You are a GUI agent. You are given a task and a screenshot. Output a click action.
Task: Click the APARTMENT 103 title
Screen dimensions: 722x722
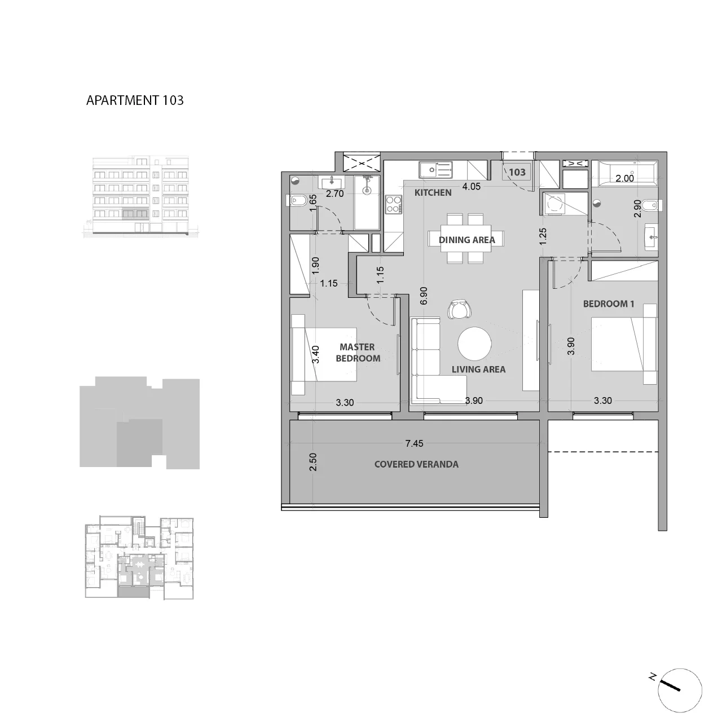pyautogui.click(x=135, y=100)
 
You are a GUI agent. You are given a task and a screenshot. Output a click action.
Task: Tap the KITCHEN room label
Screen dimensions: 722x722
pyautogui.click(x=433, y=192)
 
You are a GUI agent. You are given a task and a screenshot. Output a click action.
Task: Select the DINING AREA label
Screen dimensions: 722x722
pyautogui.click(x=467, y=240)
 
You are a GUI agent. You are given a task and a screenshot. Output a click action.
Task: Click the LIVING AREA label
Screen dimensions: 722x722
pyautogui.click(x=478, y=369)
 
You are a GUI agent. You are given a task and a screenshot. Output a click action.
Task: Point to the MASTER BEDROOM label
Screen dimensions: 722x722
pyautogui.click(x=358, y=353)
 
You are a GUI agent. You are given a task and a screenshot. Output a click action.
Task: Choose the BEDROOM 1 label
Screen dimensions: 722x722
pyautogui.click(x=609, y=304)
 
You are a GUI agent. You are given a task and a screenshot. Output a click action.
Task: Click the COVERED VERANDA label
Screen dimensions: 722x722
pyautogui.click(x=416, y=464)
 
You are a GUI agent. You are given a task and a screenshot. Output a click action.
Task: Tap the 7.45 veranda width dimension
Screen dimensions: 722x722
pyautogui.click(x=414, y=443)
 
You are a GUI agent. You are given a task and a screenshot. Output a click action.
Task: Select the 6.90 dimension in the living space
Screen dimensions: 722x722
pyautogui.click(x=424, y=296)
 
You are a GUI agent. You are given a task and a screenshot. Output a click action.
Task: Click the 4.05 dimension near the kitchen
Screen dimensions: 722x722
pyautogui.click(x=471, y=187)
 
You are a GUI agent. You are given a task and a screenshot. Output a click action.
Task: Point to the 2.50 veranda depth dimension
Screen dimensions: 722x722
pyautogui.click(x=313, y=462)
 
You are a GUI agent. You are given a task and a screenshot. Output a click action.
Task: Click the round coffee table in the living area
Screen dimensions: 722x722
pyautogui.click(x=475, y=344)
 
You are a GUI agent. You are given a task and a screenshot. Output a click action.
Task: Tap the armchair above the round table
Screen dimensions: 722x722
pyautogui.click(x=459, y=310)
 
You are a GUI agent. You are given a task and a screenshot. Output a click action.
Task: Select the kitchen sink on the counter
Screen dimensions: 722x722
pyautogui.click(x=436, y=170)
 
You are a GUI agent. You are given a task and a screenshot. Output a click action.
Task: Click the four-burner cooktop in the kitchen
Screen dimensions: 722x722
pyautogui.click(x=394, y=205)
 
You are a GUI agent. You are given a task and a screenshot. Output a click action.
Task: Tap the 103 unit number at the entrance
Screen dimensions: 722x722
pyautogui.click(x=517, y=172)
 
